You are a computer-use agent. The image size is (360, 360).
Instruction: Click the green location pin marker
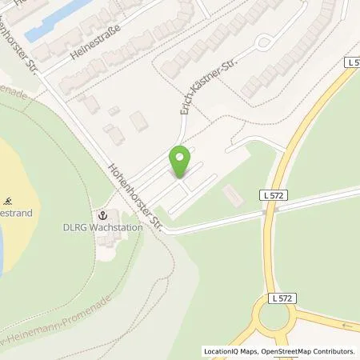point(180,161)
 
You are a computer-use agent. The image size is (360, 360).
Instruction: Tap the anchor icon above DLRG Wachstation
point(103,214)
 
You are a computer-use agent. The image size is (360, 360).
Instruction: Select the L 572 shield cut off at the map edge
point(353,62)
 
